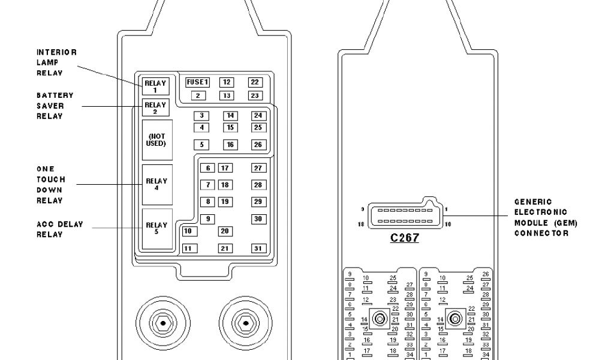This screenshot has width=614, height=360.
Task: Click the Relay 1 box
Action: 156,86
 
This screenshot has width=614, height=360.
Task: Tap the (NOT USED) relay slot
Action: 156,140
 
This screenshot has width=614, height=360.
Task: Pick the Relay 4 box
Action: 156,184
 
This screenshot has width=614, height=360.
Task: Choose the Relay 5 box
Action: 156,229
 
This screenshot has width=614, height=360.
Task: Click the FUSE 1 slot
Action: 197,82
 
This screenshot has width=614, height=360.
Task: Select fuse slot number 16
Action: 230,145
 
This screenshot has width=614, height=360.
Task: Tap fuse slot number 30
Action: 258,219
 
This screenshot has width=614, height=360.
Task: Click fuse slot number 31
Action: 258,248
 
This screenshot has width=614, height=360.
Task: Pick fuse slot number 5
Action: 201,145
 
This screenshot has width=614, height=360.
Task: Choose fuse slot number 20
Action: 225,231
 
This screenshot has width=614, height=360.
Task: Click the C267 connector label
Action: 404,238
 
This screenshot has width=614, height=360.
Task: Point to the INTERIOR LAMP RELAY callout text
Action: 56,62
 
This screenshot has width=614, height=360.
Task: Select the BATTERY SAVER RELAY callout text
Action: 55,106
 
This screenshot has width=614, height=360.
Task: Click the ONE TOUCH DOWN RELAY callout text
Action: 51,185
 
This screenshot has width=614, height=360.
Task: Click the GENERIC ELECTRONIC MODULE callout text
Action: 546,217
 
